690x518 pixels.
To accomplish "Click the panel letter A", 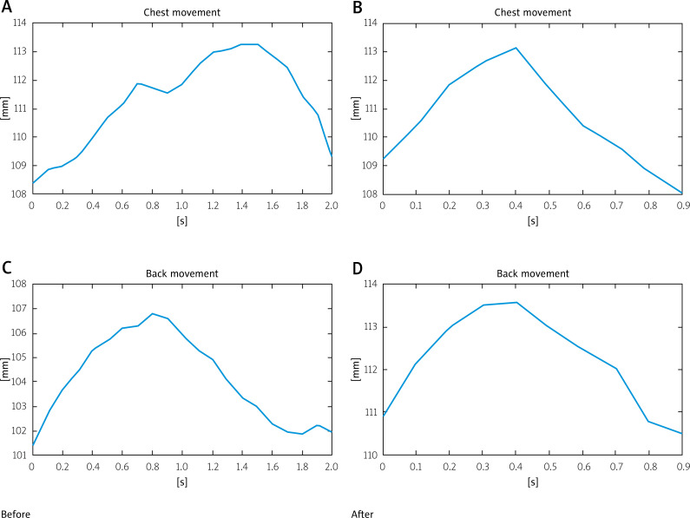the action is (7, 8).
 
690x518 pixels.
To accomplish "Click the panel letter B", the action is (358, 8).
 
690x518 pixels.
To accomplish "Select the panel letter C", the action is (7, 268).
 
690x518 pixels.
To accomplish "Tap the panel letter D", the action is (358, 268).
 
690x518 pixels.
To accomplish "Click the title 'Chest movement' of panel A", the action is (181, 12).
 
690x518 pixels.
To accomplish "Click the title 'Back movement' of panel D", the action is (532, 273).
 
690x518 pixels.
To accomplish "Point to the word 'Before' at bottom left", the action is (16, 514).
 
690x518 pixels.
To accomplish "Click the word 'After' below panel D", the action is (362, 514).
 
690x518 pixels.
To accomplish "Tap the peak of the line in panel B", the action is (516, 48).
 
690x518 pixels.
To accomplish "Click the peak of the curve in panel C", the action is (152, 313).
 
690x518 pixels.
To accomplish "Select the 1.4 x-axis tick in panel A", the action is (241, 206).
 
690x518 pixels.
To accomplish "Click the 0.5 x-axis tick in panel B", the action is (549, 206).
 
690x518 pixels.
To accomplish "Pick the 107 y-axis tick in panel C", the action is (19, 309).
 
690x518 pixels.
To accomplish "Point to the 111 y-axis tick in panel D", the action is (370, 412).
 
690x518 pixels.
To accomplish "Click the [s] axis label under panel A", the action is (181, 220).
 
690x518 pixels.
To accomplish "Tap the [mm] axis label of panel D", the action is (356, 369).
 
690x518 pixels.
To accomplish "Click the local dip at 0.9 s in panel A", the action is (168, 93).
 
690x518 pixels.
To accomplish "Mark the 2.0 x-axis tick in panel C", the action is (332, 467).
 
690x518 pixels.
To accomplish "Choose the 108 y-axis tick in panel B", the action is (370, 194).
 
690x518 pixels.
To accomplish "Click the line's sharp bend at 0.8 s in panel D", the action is (648, 421).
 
